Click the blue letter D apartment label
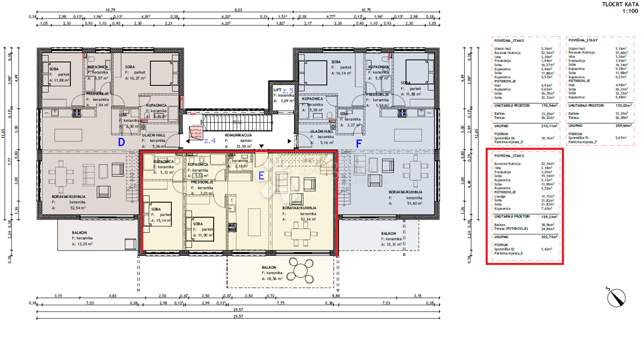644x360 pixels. coord(121,143)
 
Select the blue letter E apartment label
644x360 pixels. coord(261,175)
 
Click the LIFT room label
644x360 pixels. coord(277,90)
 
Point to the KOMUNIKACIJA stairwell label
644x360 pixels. coord(239,136)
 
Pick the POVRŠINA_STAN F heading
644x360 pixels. coord(584,40)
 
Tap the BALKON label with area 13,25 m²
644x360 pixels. coord(79,233)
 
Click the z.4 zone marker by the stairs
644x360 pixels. coord(209,141)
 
